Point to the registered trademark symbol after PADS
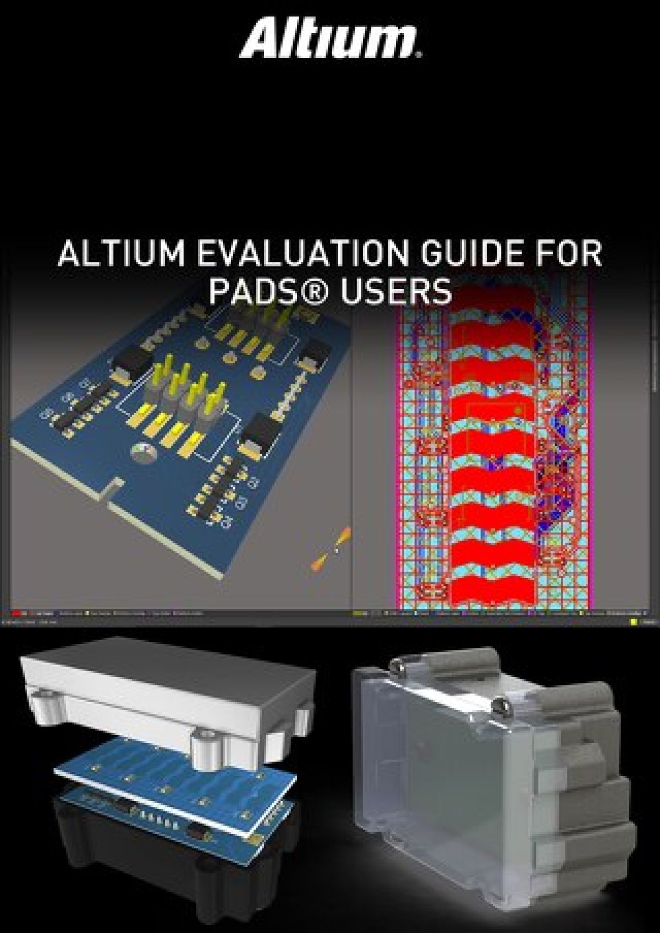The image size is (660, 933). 318,292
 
